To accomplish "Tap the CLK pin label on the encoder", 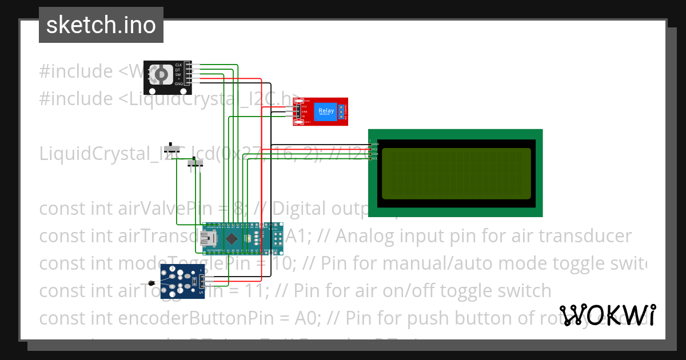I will pos(178,65).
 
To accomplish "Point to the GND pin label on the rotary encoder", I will pos(178,83).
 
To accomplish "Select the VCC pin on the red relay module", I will pos(304,106).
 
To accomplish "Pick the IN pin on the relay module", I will pos(304,116).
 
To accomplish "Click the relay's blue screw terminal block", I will pos(342,111).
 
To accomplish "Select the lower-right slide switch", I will pos(196,165).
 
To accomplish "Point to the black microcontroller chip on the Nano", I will pos(232,238).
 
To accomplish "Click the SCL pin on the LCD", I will pos(374,158).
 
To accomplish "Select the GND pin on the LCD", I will pos(374,144).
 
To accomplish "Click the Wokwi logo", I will pos(608,315).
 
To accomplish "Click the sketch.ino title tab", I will pos(101,25).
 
